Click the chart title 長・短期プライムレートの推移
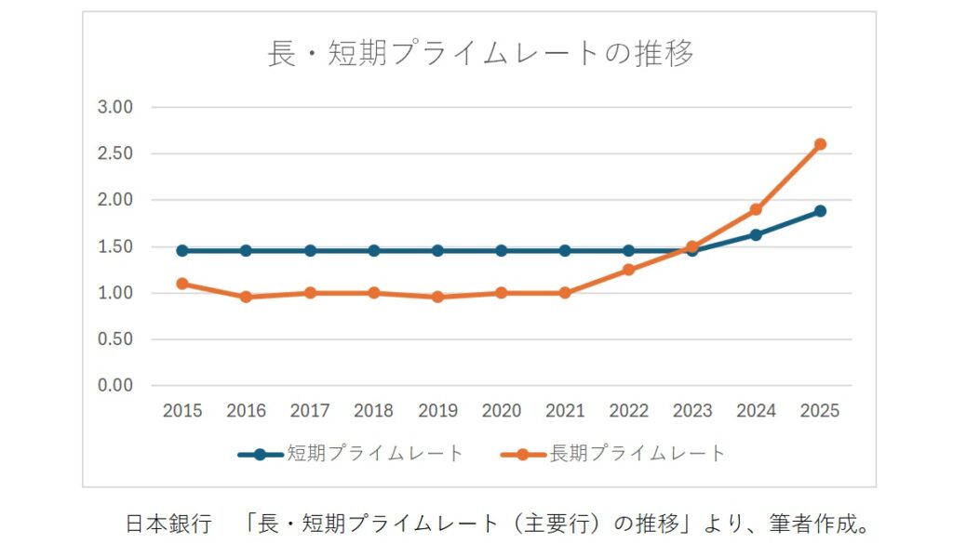click(480, 53)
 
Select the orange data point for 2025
click(820, 144)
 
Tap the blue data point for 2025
click(820, 211)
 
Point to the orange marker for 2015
click(182, 284)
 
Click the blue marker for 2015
click(182, 250)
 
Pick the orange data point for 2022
click(628, 270)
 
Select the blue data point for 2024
click(756, 234)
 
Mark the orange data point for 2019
click(437, 297)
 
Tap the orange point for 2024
click(756, 209)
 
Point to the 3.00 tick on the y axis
click(116, 107)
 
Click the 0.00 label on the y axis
click(116, 385)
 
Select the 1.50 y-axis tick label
click(116, 246)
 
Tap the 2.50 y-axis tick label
click(116, 153)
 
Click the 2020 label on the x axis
click(501, 411)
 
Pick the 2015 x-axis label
click(182, 411)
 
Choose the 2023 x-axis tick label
click(692, 411)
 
